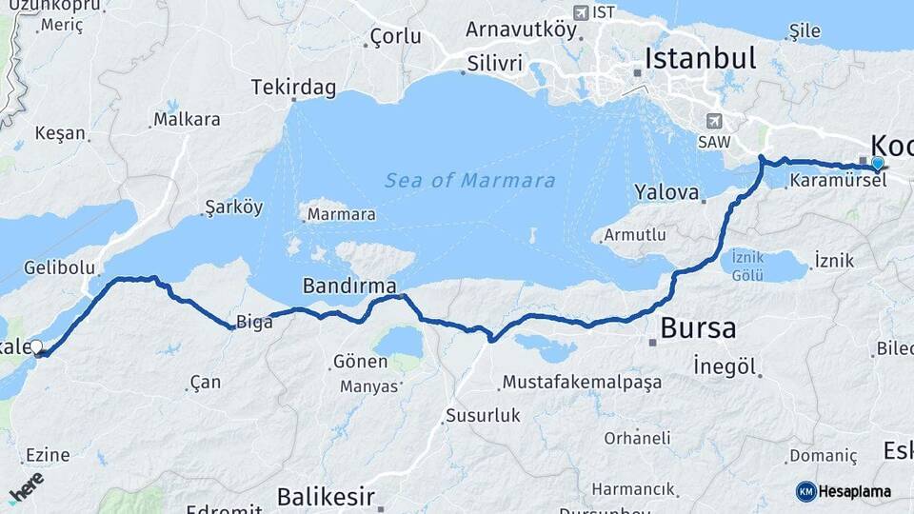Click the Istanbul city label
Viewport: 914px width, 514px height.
coord(701,58)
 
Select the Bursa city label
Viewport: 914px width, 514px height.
coord(698,328)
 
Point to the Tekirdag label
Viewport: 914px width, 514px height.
coord(293,88)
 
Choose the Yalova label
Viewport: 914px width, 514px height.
coord(666,192)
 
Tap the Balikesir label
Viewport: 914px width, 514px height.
coord(326,496)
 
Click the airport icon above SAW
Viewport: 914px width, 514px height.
coord(714,121)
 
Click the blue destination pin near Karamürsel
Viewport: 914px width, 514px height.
coord(877,164)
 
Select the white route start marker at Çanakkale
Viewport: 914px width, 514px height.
coord(37,347)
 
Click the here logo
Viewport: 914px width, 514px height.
coord(26,487)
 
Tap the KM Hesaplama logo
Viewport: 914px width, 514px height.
coord(844,491)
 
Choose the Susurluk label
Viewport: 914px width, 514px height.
coord(483,415)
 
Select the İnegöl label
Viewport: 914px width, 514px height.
coord(725,366)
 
